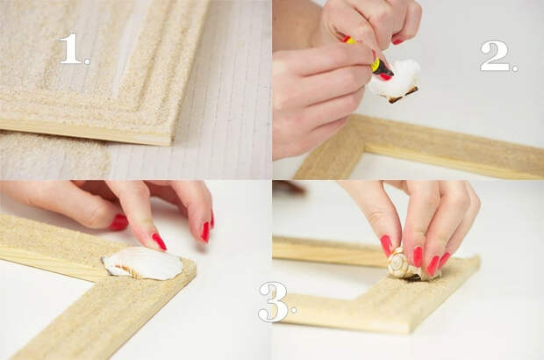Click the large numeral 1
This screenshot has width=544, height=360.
[x=70, y=48]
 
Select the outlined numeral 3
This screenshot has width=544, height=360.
[x=274, y=302]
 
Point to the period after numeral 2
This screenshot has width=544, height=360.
[x=515, y=68]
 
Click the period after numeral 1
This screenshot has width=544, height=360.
[x=87, y=61]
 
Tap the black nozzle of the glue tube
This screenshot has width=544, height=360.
[x=386, y=71]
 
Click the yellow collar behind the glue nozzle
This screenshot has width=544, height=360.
[x=376, y=65]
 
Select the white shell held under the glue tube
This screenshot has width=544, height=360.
[x=396, y=81]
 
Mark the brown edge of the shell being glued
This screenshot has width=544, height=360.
[x=403, y=95]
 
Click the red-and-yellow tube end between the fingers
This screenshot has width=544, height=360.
[x=350, y=40]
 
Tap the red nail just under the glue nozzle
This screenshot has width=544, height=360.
[x=384, y=76]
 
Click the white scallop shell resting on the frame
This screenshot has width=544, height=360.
[x=143, y=263]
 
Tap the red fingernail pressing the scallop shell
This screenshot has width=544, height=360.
[x=159, y=241]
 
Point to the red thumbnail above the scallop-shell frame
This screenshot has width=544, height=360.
[x=118, y=222]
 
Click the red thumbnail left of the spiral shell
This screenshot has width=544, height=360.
[x=386, y=246]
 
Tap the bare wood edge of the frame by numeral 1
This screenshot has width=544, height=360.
[x=87, y=131]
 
